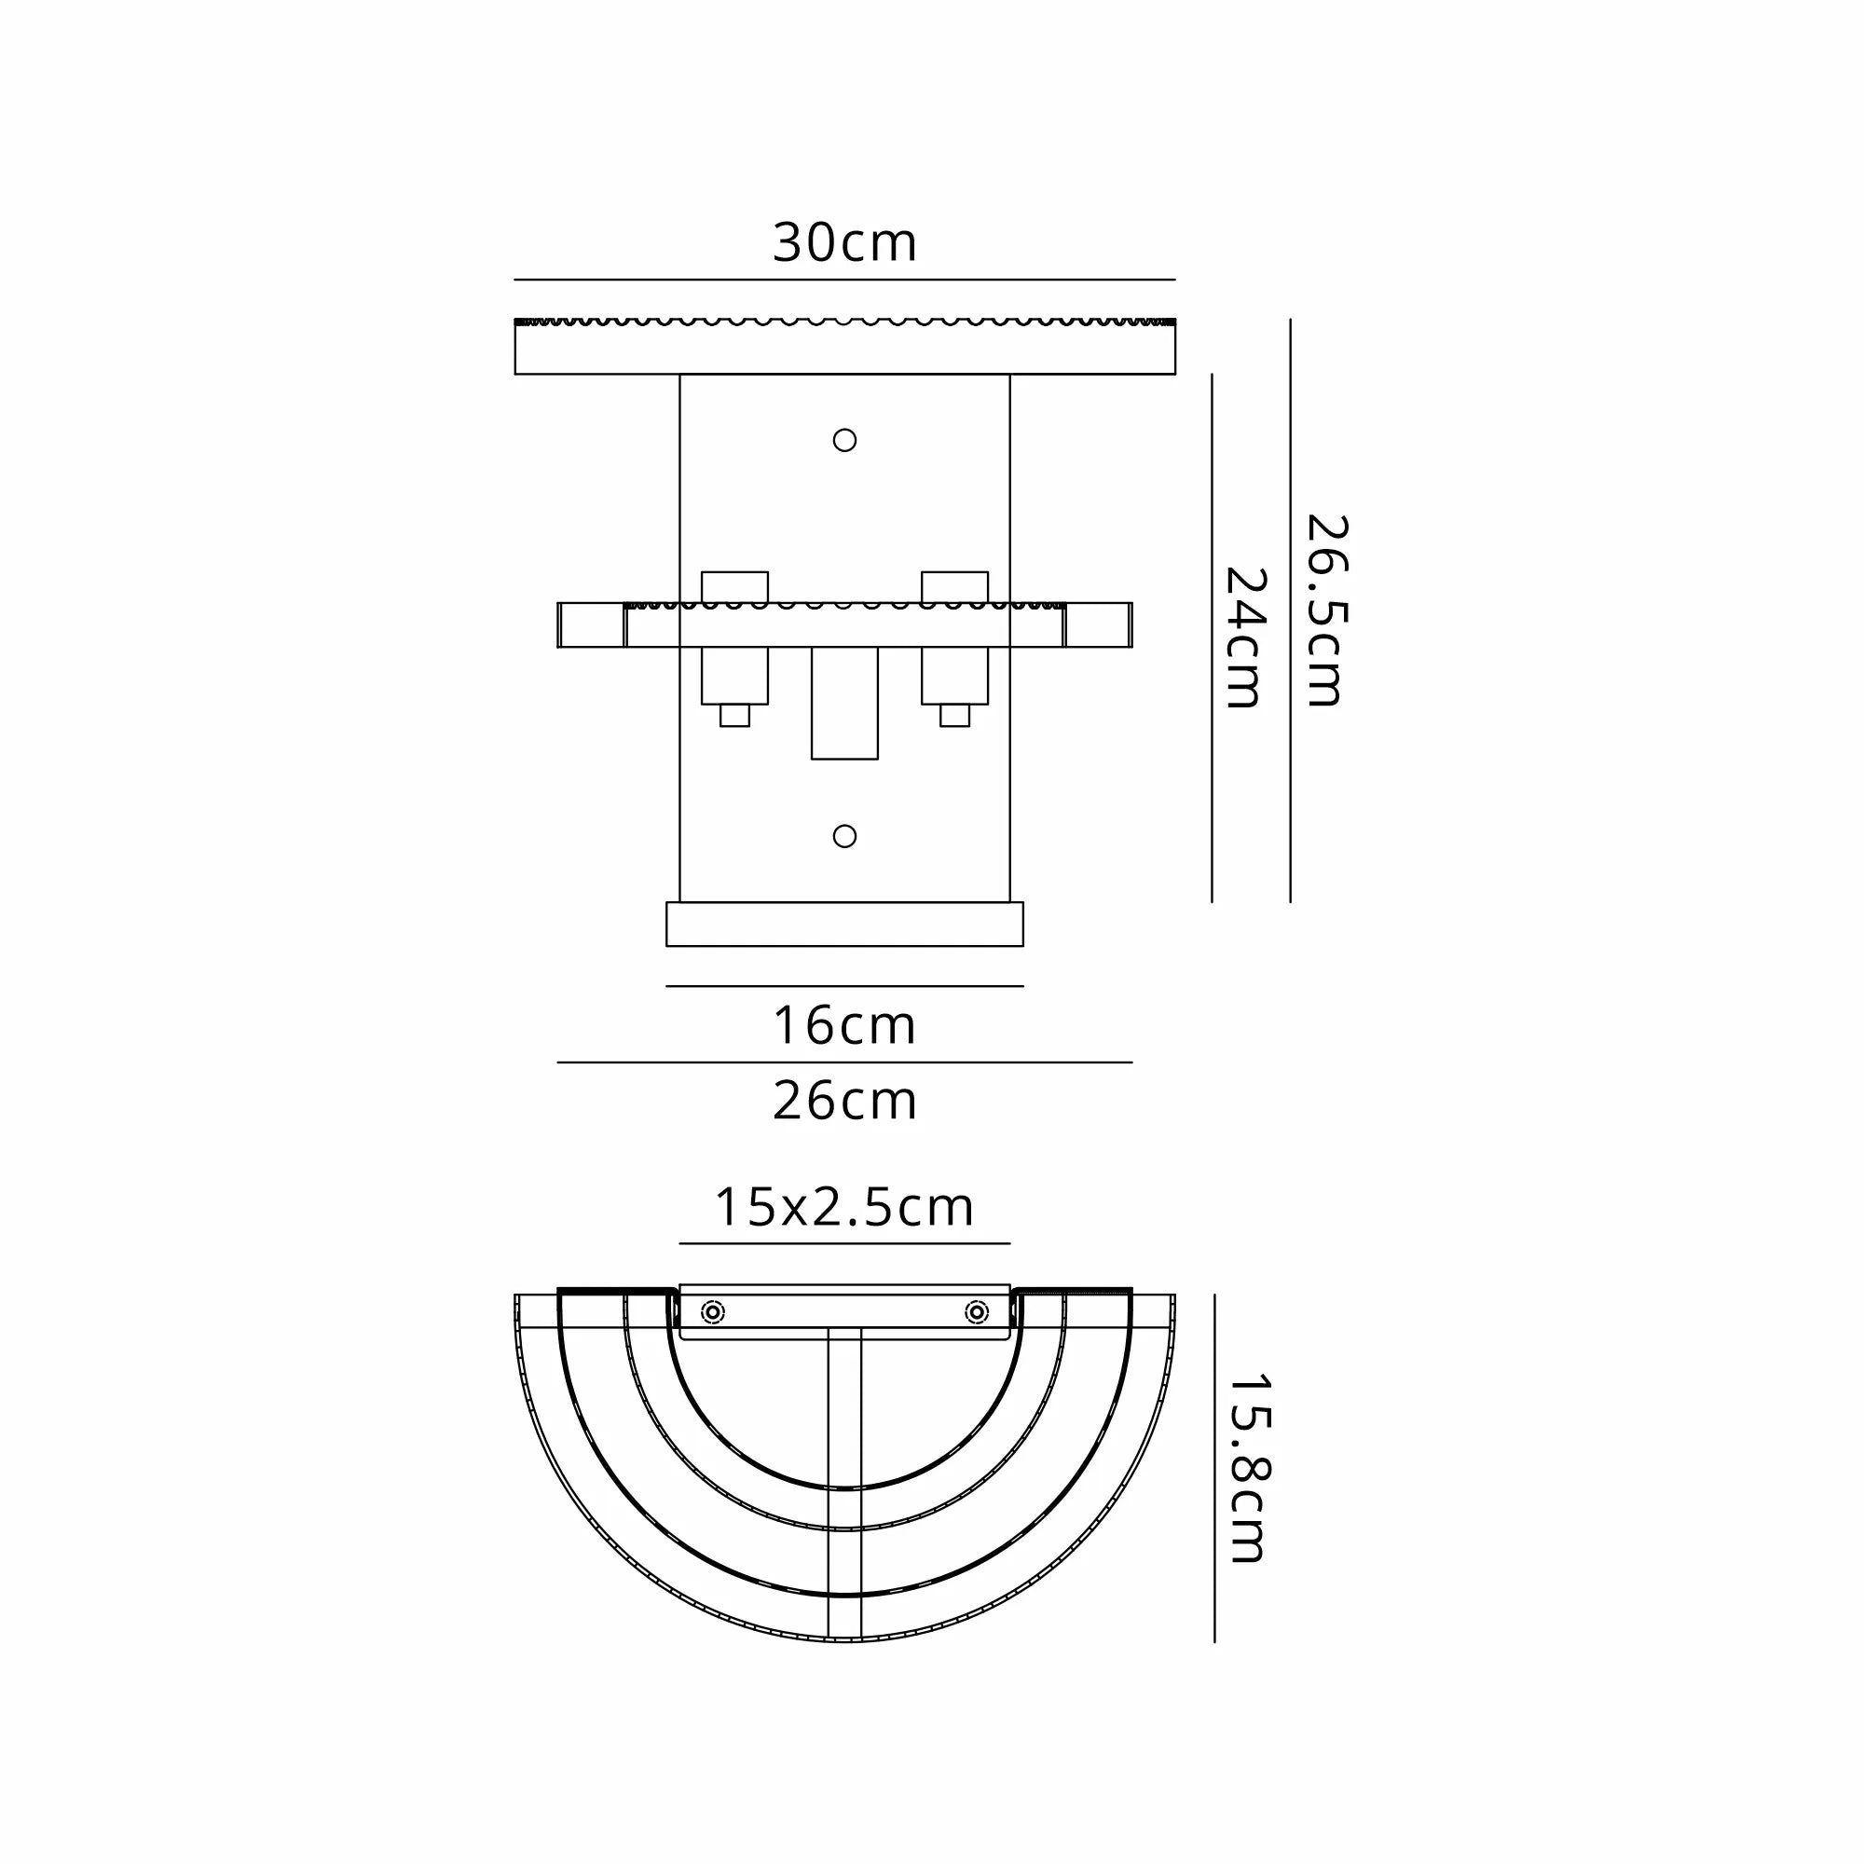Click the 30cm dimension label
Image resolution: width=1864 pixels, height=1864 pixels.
click(844, 243)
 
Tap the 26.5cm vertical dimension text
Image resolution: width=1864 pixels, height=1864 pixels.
click(1325, 610)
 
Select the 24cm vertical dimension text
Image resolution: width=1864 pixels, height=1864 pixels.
click(1244, 637)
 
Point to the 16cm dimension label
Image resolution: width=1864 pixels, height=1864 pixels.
click(844, 1025)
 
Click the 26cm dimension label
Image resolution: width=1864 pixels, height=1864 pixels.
click(844, 1102)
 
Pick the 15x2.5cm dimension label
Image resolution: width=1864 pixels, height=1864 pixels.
click(844, 1208)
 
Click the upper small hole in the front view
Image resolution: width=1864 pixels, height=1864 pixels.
click(844, 440)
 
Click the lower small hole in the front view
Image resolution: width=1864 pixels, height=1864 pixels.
click(844, 835)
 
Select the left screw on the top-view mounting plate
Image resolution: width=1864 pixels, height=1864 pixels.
click(713, 1312)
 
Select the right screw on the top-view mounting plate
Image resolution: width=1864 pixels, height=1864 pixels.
click(977, 1312)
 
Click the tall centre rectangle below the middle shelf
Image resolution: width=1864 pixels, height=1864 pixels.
click(844, 703)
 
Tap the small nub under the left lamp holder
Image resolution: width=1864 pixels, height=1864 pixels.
click(734, 715)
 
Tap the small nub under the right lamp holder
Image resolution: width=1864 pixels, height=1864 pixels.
click(954, 715)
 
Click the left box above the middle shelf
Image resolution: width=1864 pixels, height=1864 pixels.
click(734, 586)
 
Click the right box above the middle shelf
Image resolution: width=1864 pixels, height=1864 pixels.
click(954, 586)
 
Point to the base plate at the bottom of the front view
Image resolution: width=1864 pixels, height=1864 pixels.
click(844, 925)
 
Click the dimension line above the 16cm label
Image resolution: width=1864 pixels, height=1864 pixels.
click(844, 986)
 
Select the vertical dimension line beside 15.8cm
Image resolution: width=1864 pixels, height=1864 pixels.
click(1213, 1468)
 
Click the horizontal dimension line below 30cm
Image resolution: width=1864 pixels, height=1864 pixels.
click(844, 280)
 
